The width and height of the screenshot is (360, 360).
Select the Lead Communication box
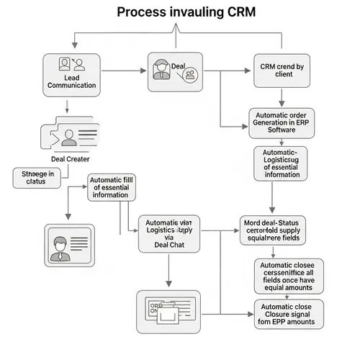(x=71, y=74)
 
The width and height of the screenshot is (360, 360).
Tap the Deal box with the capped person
(x=175, y=72)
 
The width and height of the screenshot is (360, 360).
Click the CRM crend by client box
(x=281, y=71)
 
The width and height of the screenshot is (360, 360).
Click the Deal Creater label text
(x=71, y=159)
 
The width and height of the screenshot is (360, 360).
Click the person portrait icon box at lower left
(x=69, y=245)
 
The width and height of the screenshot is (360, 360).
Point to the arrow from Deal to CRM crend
(x=227, y=71)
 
